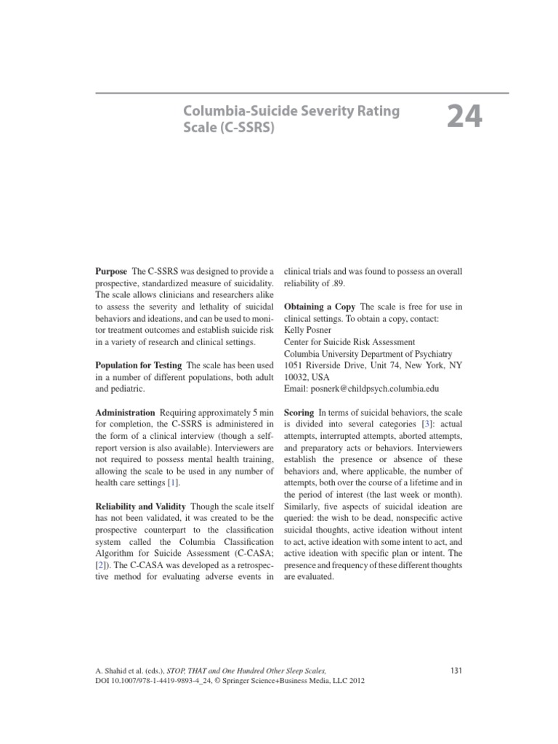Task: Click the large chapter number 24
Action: (x=464, y=116)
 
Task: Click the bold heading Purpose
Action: (x=111, y=271)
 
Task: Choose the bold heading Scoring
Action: (x=299, y=412)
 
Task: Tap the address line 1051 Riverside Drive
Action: (x=333, y=365)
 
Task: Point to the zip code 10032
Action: (x=296, y=377)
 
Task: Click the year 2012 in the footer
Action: (x=352, y=681)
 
